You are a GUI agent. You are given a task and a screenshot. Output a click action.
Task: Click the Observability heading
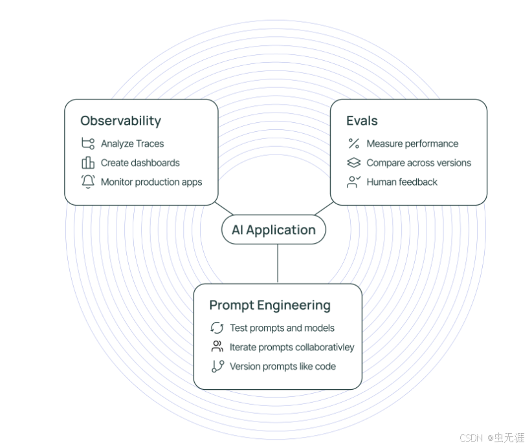point(120,121)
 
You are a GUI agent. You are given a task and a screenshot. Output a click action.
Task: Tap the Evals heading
point(362,121)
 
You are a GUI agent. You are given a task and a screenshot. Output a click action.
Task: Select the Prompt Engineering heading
point(269,305)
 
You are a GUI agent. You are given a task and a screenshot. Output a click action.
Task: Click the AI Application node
point(273,230)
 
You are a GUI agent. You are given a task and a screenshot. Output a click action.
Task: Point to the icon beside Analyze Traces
point(88,144)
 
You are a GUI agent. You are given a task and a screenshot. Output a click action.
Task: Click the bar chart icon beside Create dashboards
point(88,163)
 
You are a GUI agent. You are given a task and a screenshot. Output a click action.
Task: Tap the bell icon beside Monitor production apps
point(88,182)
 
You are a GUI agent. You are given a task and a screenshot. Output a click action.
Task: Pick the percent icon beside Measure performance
point(353,144)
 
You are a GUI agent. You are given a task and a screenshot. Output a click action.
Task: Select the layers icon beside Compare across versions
point(353,163)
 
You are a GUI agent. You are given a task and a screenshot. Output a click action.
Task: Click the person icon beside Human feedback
point(353,182)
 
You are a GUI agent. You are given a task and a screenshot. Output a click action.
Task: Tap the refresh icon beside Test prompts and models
point(217,328)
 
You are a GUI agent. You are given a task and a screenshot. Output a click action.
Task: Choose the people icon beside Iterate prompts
point(217,347)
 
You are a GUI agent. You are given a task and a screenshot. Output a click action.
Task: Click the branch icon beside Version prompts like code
point(217,367)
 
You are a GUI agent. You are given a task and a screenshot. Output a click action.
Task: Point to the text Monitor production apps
point(151,182)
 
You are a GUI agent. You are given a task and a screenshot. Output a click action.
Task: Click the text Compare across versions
point(419,163)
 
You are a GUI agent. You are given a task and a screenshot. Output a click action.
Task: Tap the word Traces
point(150,144)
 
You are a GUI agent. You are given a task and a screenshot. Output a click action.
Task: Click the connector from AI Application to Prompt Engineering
point(278,264)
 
